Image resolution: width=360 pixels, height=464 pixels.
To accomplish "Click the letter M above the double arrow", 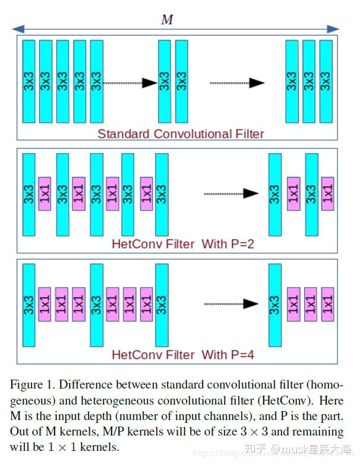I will tap(168, 20).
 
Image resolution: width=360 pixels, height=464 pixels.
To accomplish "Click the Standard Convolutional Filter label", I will tap(181, 134).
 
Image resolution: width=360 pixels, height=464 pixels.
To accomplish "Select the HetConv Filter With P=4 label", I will tap(183, 355).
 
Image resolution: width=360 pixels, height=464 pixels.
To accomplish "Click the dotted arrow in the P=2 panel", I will tap(231, 193).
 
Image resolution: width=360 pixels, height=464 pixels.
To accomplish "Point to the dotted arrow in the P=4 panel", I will tap(231, 304).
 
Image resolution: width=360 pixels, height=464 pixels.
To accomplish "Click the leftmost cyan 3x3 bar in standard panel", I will tap(29, 81).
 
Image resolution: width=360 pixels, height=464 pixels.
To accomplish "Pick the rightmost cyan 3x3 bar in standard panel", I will tap(326, 81).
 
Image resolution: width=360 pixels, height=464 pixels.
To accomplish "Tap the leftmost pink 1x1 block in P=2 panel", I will tap(45, 193).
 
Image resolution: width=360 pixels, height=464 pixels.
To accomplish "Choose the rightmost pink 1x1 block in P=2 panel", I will tap(327, 193).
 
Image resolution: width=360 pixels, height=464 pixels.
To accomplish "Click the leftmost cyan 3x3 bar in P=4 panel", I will tap(29, 305).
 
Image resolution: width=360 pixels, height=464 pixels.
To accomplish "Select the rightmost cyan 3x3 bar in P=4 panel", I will tap(274, 305).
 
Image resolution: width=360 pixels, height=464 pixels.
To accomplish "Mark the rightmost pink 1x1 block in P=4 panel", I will tap(327, 304).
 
